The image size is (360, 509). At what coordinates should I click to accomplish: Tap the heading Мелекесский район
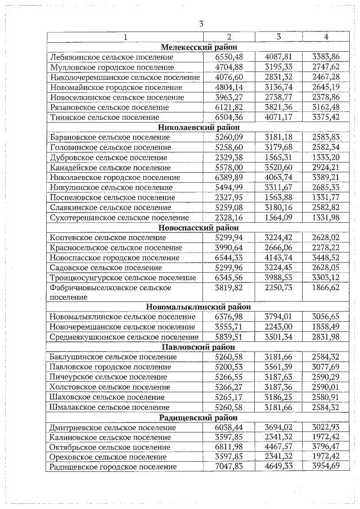click(199, 47)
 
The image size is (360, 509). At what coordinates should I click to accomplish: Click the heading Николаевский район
click(199, 128)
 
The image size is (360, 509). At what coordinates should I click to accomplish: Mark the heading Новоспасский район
click(199, 227)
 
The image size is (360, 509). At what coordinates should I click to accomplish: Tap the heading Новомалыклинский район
click(199, 307)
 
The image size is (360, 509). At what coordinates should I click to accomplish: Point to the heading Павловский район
click(199, 347)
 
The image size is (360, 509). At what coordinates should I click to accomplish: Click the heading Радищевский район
click(199, 417)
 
